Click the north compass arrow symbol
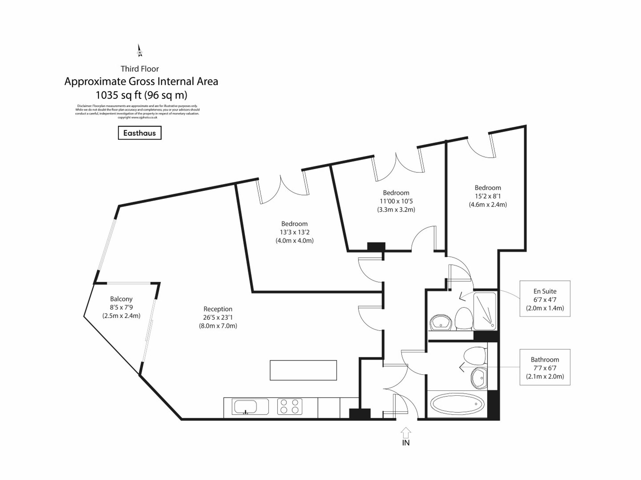(x=139, y=51)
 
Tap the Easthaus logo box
(x=139, y=133)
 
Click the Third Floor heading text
(x=140, y=69)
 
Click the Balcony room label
(x=121, y=299)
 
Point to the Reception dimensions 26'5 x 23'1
(x=218, y=317)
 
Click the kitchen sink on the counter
(x=246, y=407)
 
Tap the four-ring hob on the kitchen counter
(x=289, y=406)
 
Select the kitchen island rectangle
(x=303, y=370)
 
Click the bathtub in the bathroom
(x=457, y=404)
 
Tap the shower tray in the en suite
(x=485, y=311)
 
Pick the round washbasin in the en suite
(x=441, y=322)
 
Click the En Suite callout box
(x=545, y=299)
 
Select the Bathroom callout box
(x=545, y=367)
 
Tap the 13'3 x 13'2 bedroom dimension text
(x=295, y=232)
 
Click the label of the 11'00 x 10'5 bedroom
(x=396, y=193)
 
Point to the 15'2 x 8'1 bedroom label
(x=488, y=188)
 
